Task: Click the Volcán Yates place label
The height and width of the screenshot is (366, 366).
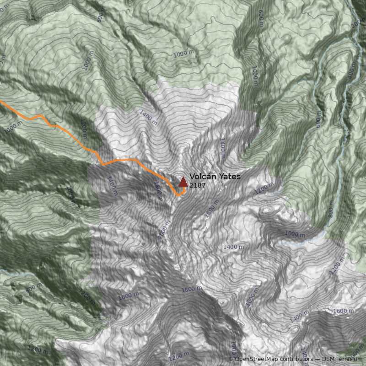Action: coord(215,177)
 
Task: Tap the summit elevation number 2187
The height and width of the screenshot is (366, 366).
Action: coord(197,186)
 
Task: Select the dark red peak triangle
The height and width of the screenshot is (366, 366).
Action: coord(183,182)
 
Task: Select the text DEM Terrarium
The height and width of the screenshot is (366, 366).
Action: coord(343,359)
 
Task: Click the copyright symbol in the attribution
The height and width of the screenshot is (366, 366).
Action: coord(231,359)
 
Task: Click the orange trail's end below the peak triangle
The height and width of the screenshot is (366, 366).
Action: coord(178,195)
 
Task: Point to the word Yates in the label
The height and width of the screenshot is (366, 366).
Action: coord(230,177)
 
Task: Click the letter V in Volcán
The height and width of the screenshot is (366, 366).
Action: coord(192,177)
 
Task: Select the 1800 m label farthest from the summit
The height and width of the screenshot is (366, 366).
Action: coord(192,290)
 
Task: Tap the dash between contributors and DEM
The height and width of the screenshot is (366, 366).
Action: coord(318,359)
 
